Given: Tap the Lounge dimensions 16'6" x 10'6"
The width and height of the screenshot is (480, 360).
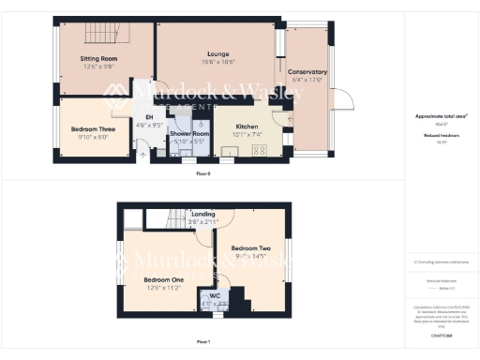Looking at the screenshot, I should [216, 63].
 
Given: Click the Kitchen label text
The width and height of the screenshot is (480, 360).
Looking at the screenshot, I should [247, 126].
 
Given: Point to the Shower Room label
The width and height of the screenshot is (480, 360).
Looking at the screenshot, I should [188, 134].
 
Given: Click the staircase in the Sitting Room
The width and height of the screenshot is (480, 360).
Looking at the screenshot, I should [102, 37].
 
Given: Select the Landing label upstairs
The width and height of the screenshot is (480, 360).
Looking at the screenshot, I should [202, 214].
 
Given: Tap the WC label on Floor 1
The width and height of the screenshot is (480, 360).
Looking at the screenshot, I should [215, 295].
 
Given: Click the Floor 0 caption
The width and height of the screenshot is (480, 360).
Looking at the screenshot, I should [202, 174].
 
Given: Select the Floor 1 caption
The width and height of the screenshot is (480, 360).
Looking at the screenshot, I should [203, 341].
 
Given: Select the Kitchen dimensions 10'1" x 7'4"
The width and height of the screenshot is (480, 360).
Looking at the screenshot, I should [247, 134].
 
